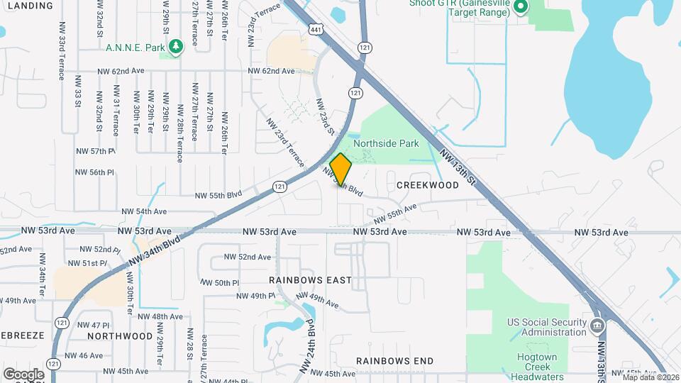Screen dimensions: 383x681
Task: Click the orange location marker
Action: (340, 170)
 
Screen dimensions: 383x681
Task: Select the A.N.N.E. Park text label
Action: (134, 48)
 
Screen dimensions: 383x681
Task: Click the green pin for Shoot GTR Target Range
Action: (520, 8)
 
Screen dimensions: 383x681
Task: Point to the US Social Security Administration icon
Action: (597, 327)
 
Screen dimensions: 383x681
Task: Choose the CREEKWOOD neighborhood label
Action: (427, 184)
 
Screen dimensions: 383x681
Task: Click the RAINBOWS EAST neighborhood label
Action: (310, 280)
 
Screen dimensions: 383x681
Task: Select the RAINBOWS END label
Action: (394, 361)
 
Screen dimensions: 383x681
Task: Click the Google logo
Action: (23, 374)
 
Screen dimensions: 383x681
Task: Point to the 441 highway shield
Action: (316, 28)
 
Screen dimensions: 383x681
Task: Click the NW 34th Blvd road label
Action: (155, 252)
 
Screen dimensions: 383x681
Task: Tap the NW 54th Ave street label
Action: (143, 211)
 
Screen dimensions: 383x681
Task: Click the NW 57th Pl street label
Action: (95, 152)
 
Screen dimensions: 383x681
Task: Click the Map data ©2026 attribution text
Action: (650, 377)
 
